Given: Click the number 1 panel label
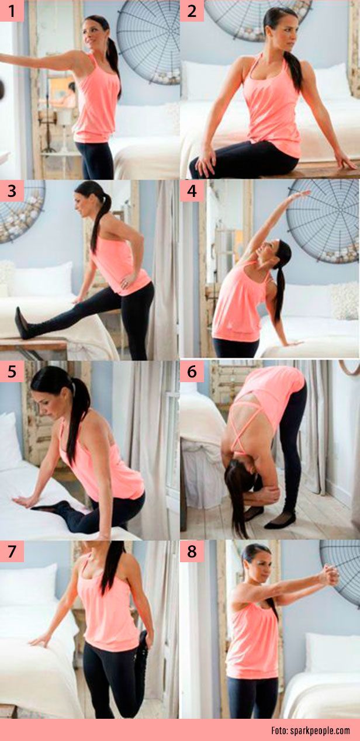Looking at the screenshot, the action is point(12,11).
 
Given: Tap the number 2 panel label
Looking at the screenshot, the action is point(192,11).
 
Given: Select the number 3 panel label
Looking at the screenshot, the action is point(12,191).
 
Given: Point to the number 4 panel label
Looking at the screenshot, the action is point(192,191).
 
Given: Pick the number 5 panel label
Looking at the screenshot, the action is point(12,371).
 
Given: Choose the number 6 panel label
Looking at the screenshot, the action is point(192,371).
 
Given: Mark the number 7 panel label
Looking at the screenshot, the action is point(12,551).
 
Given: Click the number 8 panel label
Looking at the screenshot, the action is point(192,551).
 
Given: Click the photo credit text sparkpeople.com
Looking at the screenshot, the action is point(310,730).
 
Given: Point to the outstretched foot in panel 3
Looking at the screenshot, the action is point(22,323).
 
